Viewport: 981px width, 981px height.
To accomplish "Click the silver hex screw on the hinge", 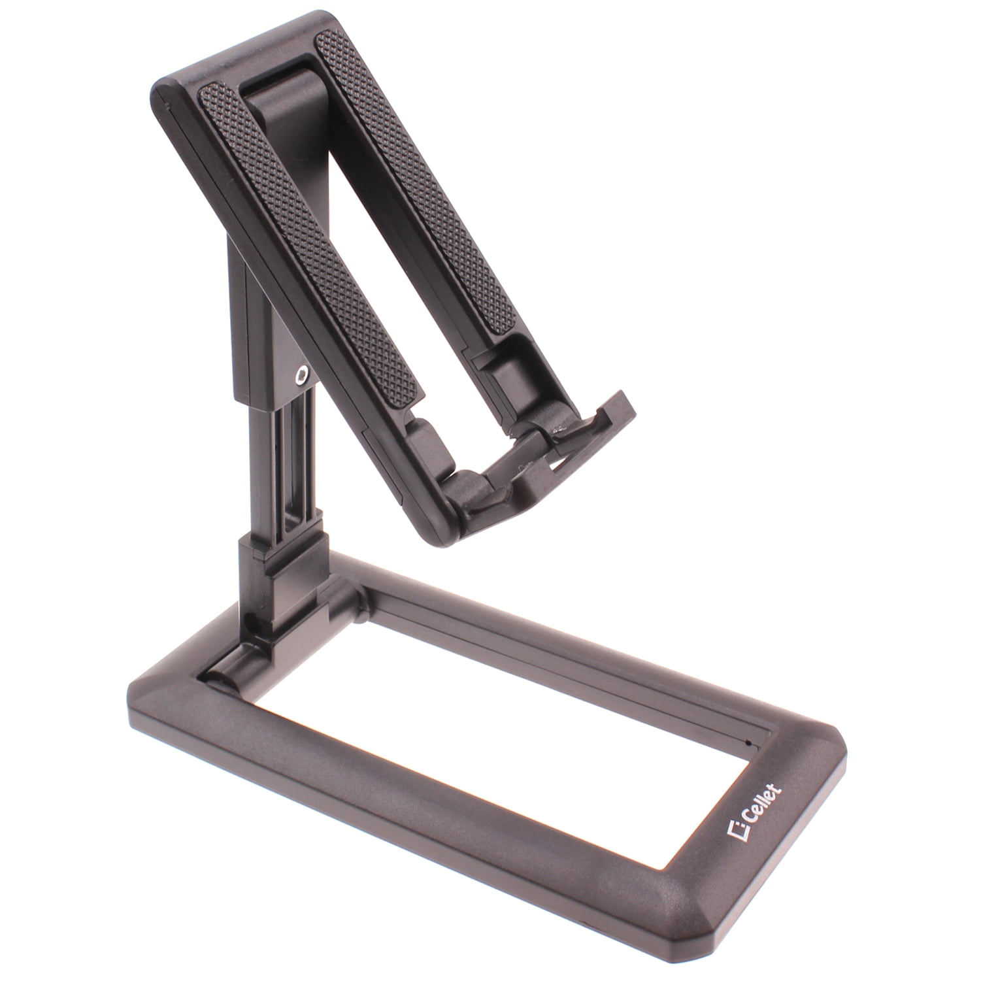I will [x=301, y=374].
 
